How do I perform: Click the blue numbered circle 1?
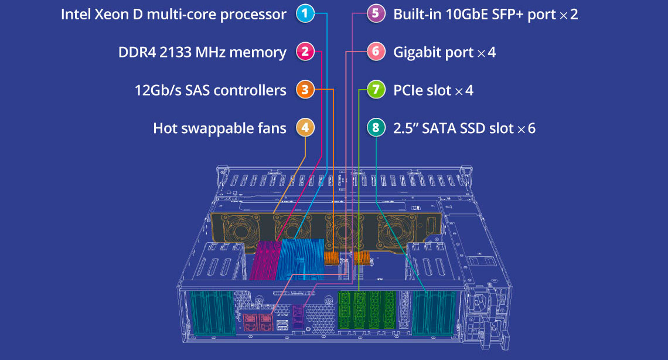[x=305, y=14]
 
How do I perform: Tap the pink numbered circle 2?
[x=305, y=52]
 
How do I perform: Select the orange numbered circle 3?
[x=305, y=90]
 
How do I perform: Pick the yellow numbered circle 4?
[x=305, y=128]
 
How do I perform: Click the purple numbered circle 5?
[x=376, y=14]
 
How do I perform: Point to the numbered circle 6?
[x=376, y=52]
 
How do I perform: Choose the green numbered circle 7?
[x=376, y=90]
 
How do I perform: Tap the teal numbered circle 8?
[x=376, y=128]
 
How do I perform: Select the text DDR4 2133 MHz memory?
[x=202, y=52]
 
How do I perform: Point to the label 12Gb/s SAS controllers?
[x=210, y=90]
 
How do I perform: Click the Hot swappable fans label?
[x=220, y=128]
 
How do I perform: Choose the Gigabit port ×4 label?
[x=444, y=52]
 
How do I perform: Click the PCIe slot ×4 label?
[x=433, y=90]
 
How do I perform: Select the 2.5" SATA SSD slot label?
[x=464, y=128]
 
